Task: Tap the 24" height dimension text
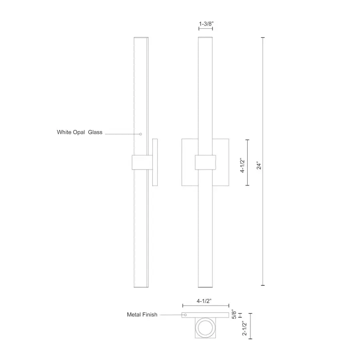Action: [259, 166]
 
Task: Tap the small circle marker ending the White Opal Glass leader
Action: [140, 134]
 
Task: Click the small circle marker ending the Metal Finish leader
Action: [185, 315]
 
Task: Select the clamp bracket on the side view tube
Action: [141, 162]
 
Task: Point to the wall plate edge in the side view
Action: [155, 162]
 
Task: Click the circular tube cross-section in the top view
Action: [205, 329]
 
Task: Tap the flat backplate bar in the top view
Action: [205, 315]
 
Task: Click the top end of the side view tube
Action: [141, 38]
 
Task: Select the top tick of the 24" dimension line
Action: [262, 38]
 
